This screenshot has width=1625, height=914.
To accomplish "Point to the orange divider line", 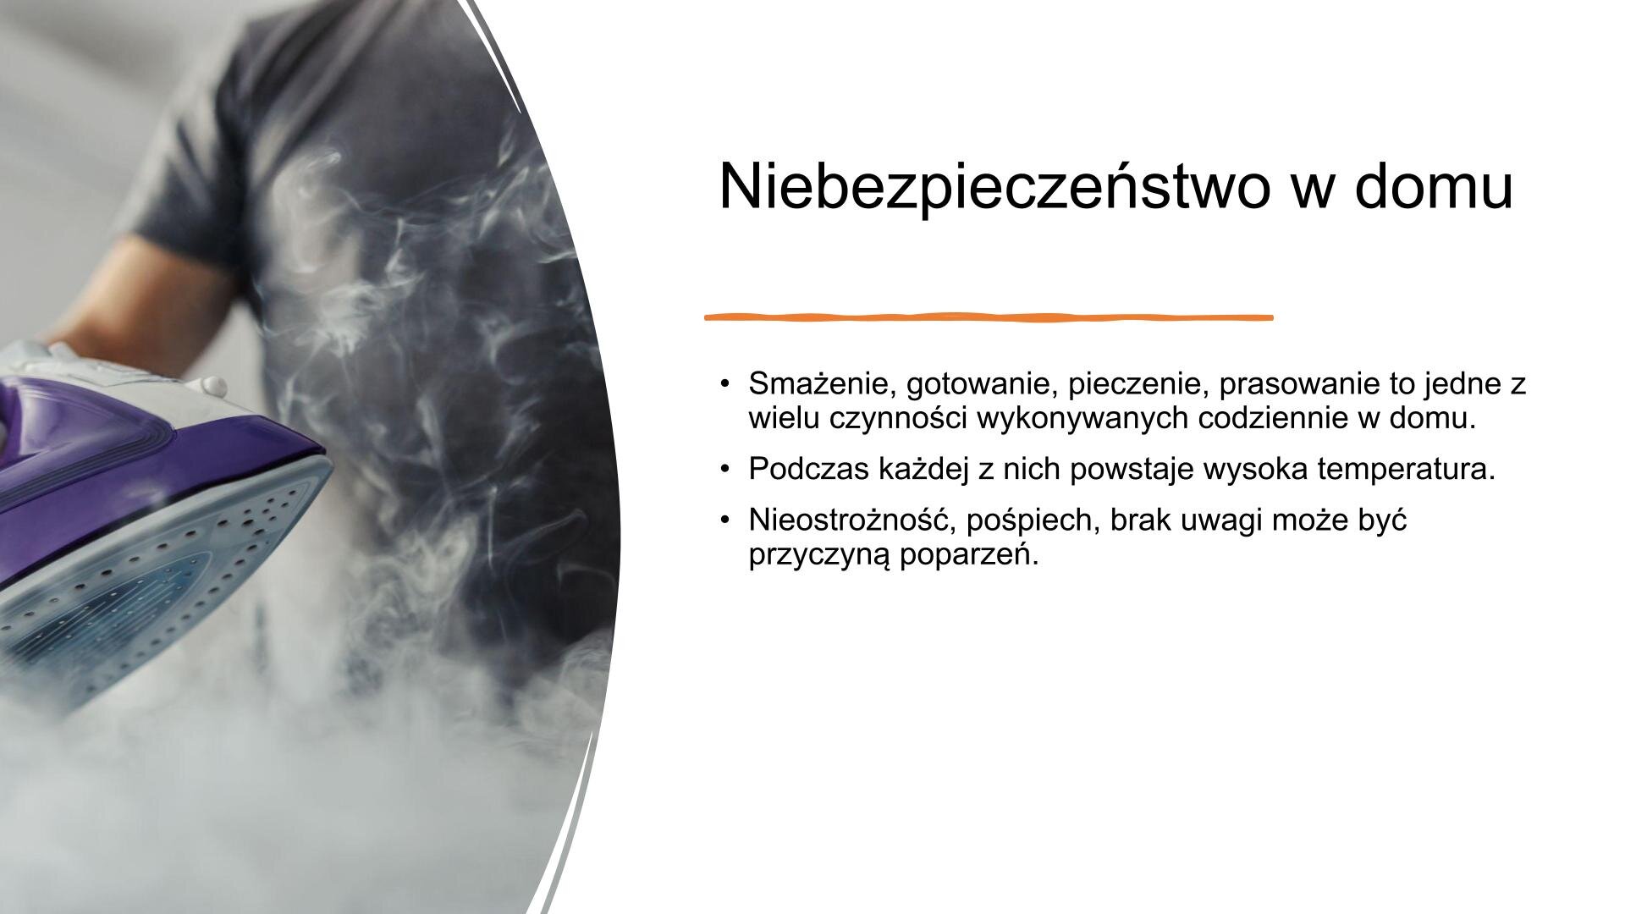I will click(989, 317).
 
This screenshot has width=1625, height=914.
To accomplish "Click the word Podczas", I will click(807, 469).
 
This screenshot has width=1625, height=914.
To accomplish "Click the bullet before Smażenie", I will click(724, 385).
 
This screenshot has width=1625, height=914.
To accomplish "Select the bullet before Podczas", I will click(724, 470).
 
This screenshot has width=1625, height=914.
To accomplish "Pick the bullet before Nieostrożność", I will click(724, 520).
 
